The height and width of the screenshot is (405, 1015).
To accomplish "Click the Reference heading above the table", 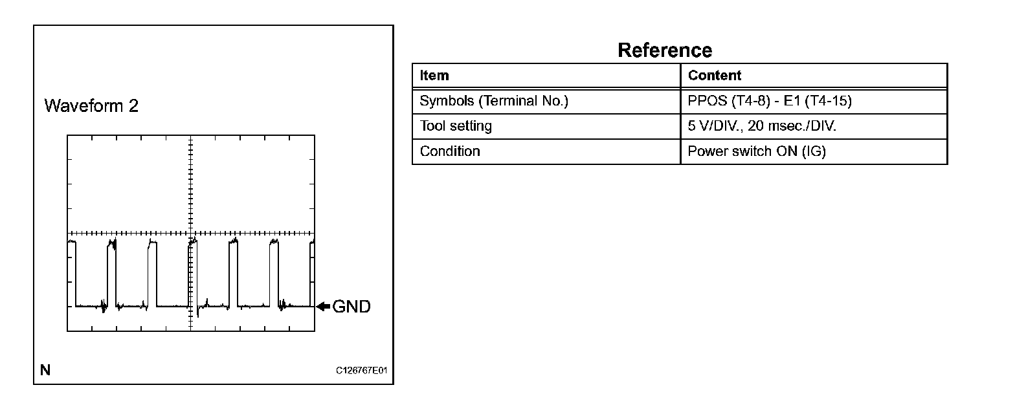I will pos(665,50).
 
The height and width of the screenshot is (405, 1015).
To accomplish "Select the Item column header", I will pos(434,76).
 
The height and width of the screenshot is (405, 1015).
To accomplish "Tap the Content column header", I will pos(715,76).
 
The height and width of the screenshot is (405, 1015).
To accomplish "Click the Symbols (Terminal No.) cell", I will pos(494,102).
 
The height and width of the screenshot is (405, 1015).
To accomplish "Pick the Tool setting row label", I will pos(456,126).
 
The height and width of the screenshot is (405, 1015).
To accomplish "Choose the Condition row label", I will pos(450,151).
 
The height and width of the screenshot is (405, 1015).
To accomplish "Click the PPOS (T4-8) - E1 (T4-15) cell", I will pos(769,102).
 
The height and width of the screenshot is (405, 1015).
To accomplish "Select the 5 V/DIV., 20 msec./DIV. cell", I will pos(762,126).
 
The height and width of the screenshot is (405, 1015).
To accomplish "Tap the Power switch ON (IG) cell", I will pos(757,151).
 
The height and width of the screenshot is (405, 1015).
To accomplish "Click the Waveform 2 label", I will pos(91,106).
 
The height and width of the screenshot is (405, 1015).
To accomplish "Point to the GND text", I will pos(351,307).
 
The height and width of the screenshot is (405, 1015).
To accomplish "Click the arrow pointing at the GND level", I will pos(322,307).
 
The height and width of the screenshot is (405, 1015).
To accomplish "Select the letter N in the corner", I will pos(45,370).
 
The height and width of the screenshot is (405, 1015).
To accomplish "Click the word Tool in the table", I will pos(431,126).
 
